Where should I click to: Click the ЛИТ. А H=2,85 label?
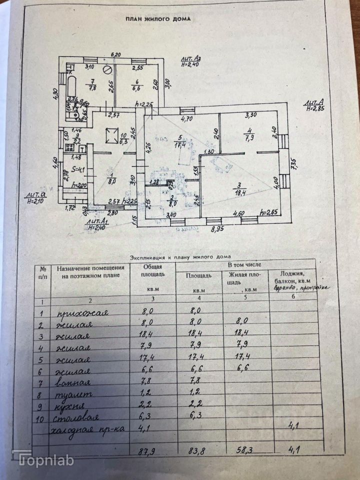(x=314, y=105)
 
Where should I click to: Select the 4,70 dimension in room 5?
(x=186, y=119)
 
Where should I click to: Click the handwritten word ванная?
(x=74, y=383)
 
